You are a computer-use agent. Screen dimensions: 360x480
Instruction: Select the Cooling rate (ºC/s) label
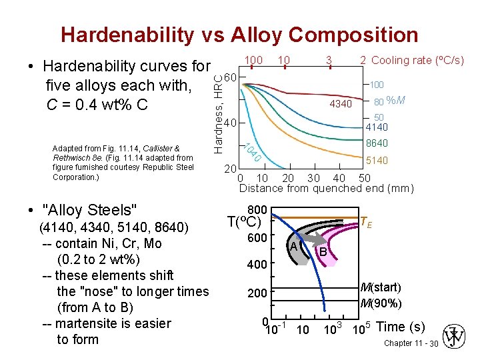pos(417,60)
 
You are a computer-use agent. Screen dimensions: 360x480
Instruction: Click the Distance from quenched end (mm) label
pos(326,188)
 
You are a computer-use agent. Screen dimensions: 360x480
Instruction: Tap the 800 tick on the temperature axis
pos(257,209)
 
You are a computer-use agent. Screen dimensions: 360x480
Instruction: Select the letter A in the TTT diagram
pos(293,247)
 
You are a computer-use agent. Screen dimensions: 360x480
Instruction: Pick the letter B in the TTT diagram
pos(323,252)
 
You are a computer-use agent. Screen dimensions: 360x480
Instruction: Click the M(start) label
pos(381,287)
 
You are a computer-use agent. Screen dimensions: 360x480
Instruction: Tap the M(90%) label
pos(381,303)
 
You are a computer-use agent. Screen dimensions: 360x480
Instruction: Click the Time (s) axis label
pos(401,327)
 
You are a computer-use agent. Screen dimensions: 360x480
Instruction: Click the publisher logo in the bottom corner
pos(457,338)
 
